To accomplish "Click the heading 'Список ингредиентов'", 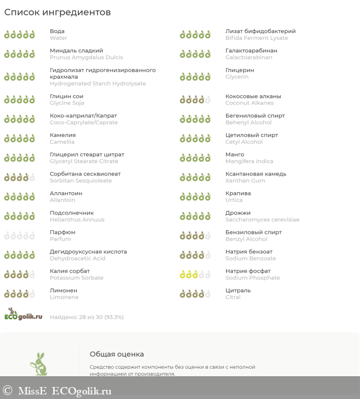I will point(58,13).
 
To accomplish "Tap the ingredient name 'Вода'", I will point(57,31).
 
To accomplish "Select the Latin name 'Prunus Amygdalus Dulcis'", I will point(86,58).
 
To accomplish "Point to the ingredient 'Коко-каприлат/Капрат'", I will point(83,116).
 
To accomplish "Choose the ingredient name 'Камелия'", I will point(63,135).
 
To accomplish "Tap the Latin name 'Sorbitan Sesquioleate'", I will point(81,181).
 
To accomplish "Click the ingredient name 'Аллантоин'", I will point(66,193).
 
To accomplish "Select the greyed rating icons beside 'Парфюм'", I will point(19,235).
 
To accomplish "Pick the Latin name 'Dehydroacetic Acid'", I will point(77,258).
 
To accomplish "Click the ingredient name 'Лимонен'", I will point(64,290).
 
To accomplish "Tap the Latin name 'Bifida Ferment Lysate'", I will point(256,38).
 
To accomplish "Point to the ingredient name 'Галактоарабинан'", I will point(251,51).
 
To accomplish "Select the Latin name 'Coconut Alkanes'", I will point(249,103).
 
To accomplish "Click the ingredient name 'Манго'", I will point(235,154).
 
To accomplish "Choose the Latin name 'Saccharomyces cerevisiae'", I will point(262,219).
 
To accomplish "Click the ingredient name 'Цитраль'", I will point(238,290).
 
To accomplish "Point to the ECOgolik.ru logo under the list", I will point(23,314).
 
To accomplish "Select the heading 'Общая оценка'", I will point(116,354).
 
